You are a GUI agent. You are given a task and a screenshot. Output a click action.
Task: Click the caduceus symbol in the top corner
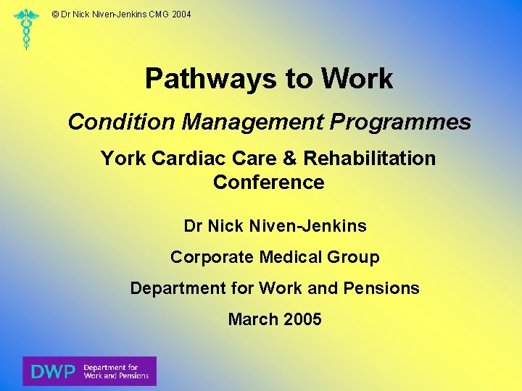(27, 29)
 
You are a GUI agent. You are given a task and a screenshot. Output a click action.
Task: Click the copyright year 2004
(181, 14)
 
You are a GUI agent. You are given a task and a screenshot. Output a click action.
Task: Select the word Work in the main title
(357, 78)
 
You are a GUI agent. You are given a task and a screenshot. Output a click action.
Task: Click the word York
(123, 158)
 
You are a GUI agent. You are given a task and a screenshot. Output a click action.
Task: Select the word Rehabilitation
(370, 158)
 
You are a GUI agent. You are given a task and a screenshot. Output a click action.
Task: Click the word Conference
(268, 182)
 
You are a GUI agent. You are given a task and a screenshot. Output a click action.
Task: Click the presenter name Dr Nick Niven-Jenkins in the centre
(275, 226)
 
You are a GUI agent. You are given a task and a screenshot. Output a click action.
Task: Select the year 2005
(302, 319)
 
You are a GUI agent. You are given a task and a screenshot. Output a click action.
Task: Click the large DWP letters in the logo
(53, 371)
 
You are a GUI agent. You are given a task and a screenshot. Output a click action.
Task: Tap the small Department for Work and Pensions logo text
(116, 371)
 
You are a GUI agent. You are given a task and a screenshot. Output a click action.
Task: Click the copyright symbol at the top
(56, 14)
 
